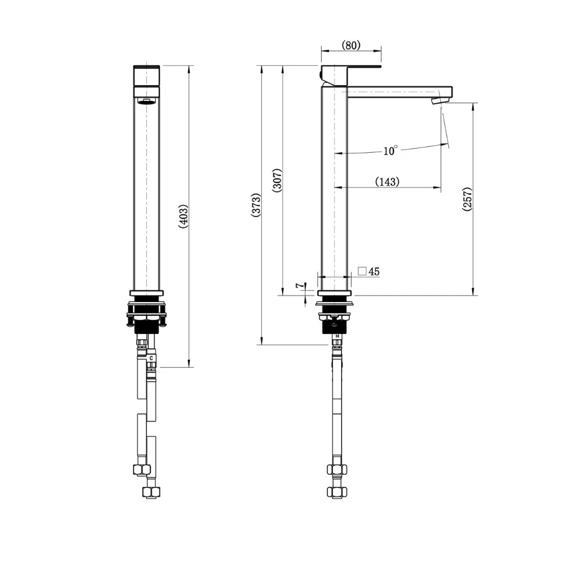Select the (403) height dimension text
click(x=183, y=217)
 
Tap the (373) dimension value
click(x=255, y=205)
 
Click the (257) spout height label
click(x=468, y=199)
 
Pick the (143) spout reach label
click(x=387, y=181)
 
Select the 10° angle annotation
click(x=391, y=151)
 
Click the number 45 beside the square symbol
click(x=374, y=271)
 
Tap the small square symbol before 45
click(x=362, y=271)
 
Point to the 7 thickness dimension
click(x=298, y=286)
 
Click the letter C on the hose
click(x=152, y=357)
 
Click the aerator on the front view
click(x=146, y=102)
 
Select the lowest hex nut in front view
click(x=151, y=493)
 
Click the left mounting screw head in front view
click(x=129, y=321)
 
